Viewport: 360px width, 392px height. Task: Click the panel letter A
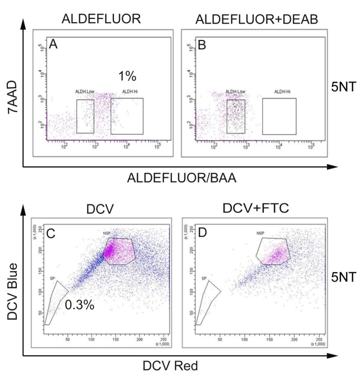[53, 46]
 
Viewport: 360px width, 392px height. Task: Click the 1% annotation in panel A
[127, 76]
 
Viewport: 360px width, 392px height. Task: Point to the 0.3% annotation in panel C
[79, 304]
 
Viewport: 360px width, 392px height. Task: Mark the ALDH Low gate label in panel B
[236, 92]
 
